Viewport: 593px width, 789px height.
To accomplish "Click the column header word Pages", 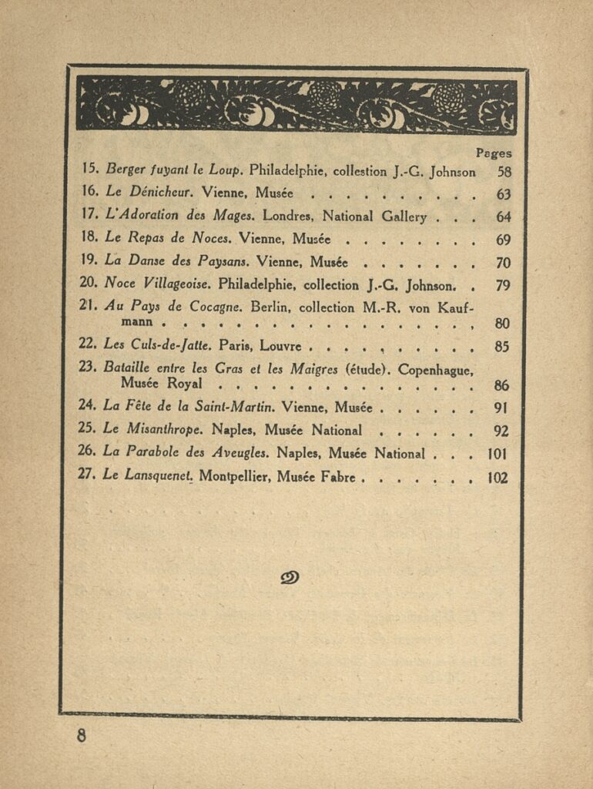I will [x=493, y=153].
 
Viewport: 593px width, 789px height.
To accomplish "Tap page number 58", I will [x=504, y=172].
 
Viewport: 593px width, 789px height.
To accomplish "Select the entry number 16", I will [x=90, y=193].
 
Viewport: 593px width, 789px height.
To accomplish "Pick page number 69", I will [x=504, y=240].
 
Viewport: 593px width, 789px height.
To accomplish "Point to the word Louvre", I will [x=280, y=346].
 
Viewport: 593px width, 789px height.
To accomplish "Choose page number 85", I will [x=502, y=347].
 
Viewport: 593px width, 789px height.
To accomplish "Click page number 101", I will [x=498, y=454].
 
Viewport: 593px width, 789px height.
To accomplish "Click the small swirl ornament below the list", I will [x=290, y=577].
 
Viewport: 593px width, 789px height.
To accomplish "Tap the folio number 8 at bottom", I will [x=82, y=735].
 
